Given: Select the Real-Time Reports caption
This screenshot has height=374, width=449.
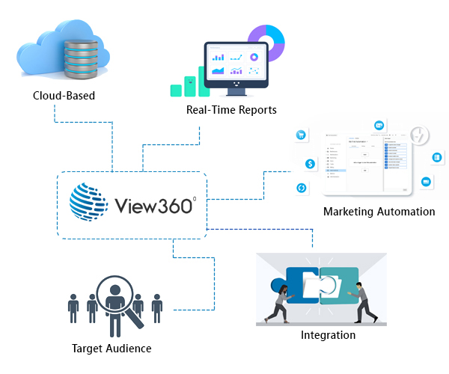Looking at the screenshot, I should (x=231, y=110).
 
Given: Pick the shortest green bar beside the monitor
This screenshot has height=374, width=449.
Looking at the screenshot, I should (x=177, y=90).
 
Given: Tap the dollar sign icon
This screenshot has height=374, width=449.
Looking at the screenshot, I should (x=309, y=164).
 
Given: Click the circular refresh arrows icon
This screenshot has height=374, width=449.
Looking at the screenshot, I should (x=302, y=188).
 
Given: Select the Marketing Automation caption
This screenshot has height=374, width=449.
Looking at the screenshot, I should (x=379, y=212).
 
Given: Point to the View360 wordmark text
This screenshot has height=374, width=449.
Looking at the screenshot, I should (x=154, y=205).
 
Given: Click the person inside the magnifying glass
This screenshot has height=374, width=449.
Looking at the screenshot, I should (x=115, y=301).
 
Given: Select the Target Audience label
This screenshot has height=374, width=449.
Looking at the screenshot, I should (x=112, y=349).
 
